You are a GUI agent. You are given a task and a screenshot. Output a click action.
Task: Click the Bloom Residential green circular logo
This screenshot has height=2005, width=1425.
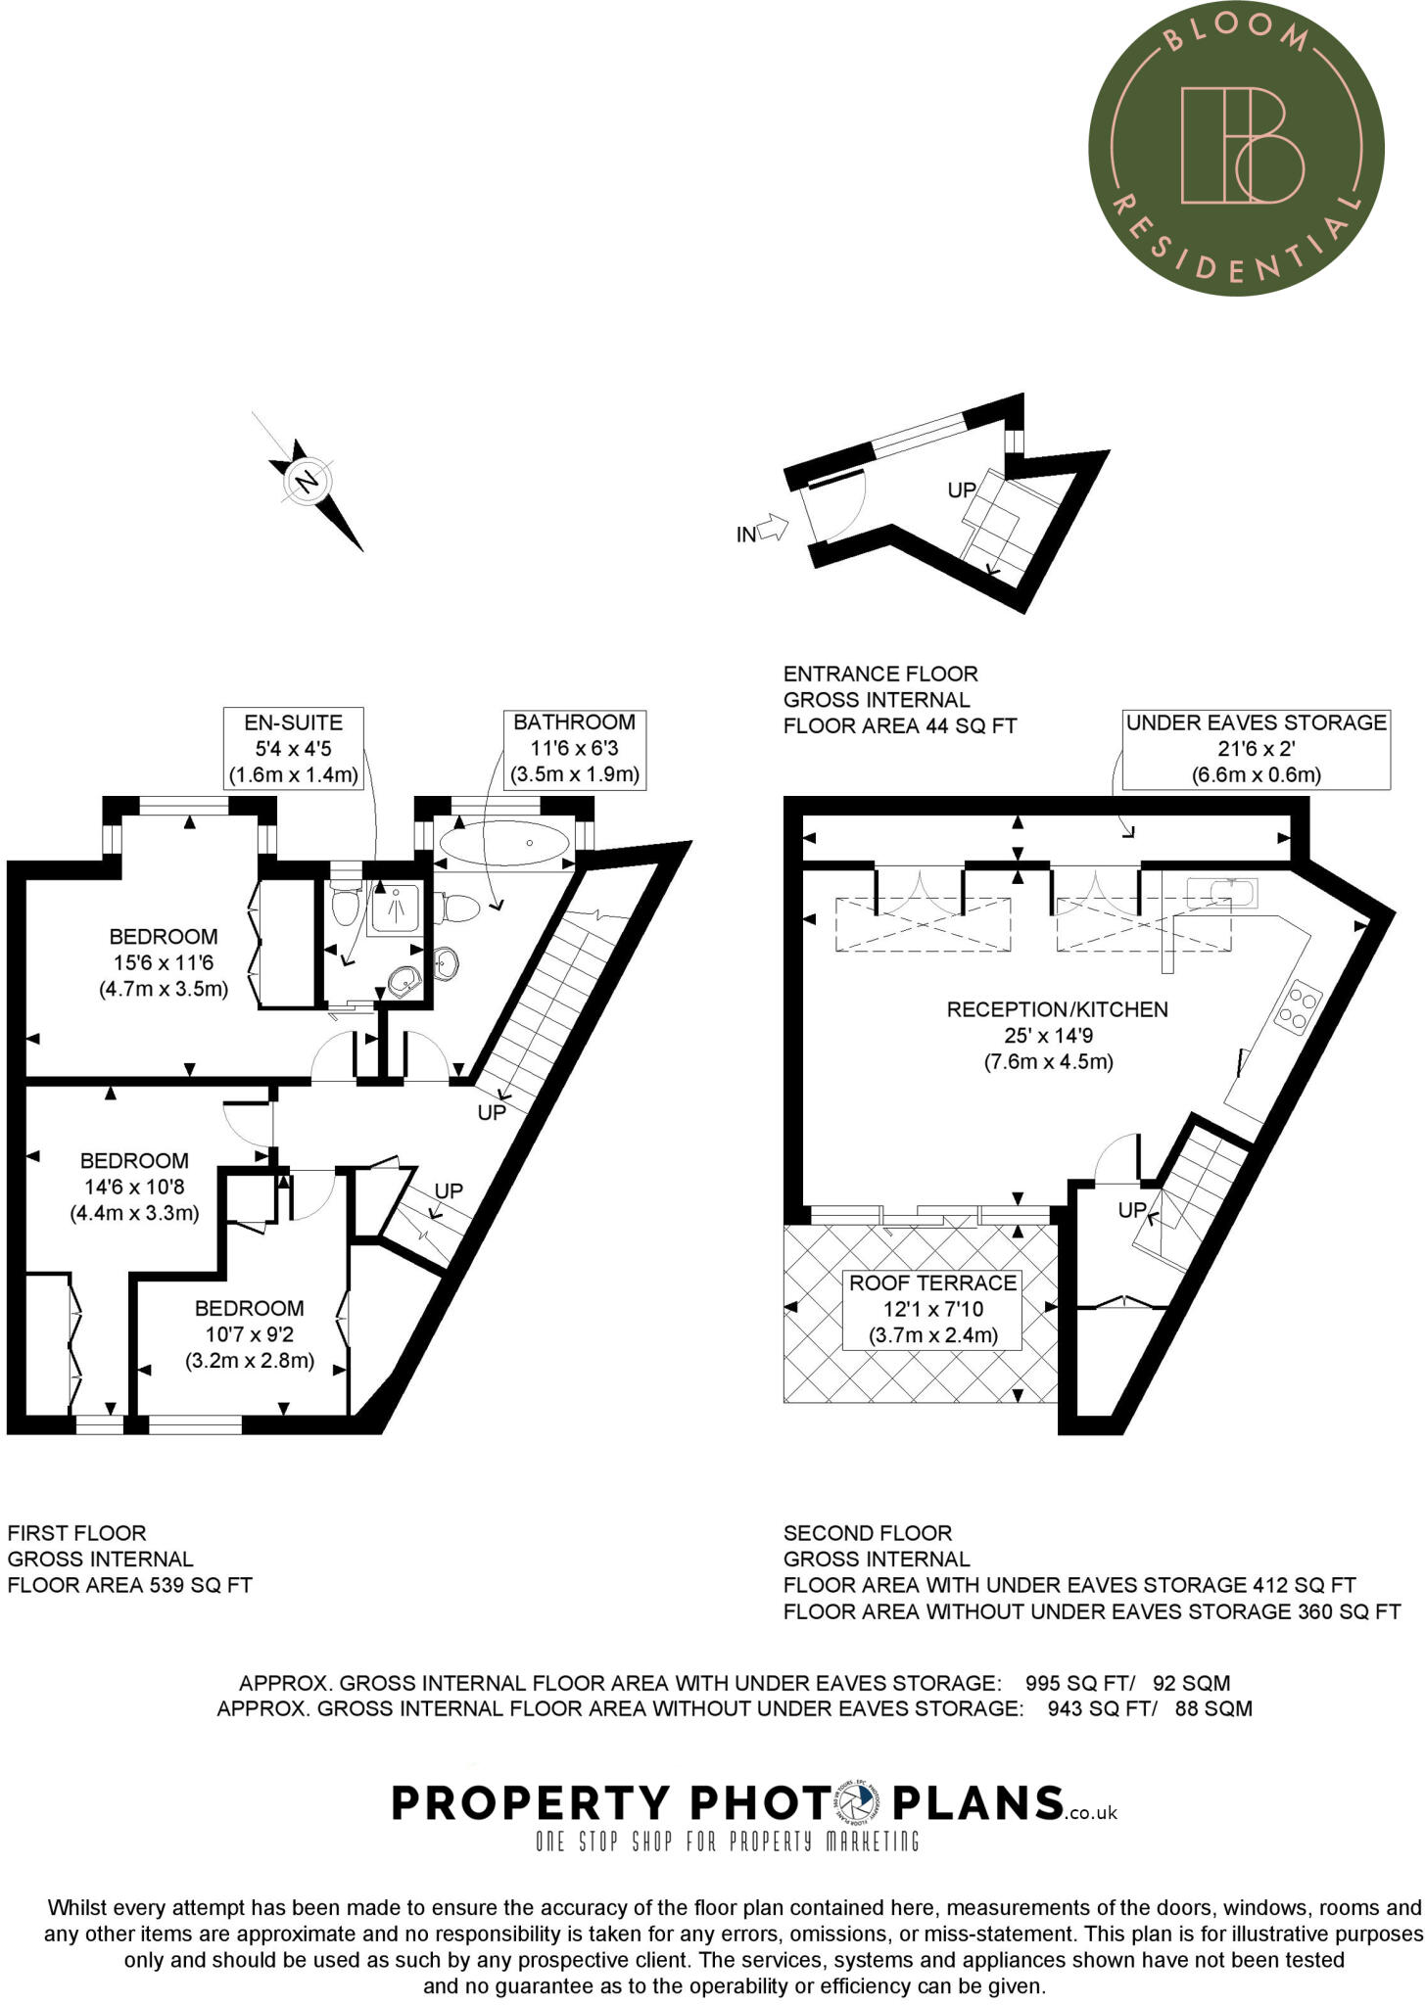1236,149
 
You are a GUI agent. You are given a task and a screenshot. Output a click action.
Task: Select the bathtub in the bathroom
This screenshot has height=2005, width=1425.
503,842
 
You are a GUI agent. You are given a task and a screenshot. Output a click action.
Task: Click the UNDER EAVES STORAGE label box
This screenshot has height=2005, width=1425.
1256,749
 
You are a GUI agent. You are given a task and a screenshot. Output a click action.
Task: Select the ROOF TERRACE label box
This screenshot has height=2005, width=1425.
932,1309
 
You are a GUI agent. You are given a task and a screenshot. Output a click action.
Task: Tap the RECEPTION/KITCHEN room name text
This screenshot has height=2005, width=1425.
1057,1009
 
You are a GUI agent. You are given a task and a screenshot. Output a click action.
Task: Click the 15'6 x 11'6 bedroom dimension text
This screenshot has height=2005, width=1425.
164,962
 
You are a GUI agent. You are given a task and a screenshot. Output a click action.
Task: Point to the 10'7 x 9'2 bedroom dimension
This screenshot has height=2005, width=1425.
249,1334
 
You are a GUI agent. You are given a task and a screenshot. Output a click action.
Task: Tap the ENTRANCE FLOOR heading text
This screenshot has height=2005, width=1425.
880,674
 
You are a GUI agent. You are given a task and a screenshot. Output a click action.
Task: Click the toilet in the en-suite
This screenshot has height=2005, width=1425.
344,907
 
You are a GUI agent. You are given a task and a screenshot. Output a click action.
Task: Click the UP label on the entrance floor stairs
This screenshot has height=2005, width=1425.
962,490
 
